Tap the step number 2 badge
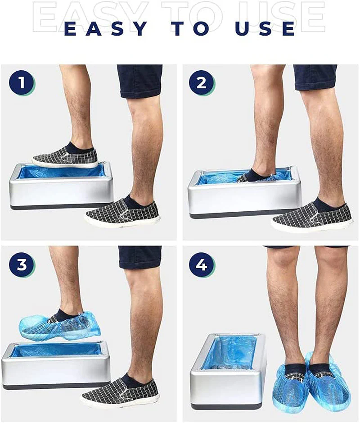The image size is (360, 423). tap(202, 83)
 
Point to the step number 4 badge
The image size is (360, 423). tap(202, 264)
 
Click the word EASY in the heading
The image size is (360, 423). tap(106, 28)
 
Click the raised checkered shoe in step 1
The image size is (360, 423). tap(65, 158)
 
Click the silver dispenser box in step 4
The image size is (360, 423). tap(228, 372)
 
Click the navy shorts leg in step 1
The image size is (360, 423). tap(140, 81)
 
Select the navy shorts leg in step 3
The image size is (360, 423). tap(140, 257)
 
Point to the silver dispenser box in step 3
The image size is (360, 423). tap(56, 366)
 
